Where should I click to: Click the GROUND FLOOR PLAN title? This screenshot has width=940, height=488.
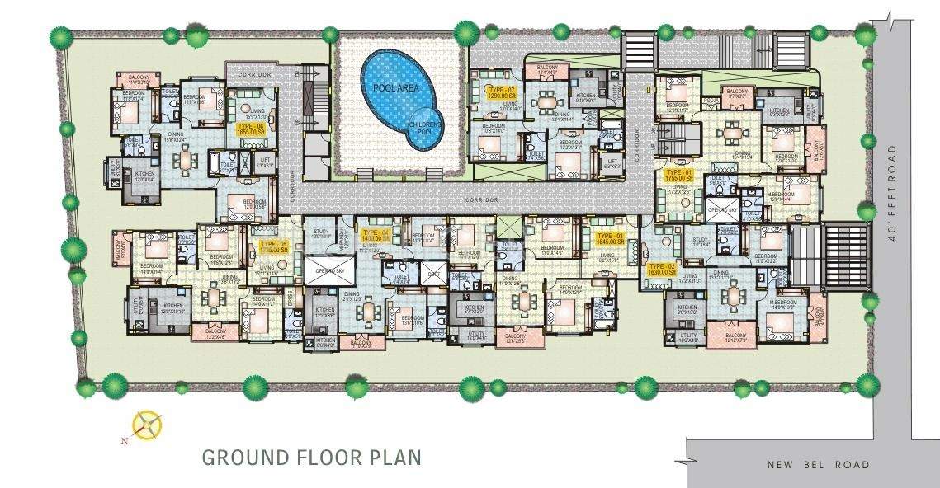(x=312, y=457)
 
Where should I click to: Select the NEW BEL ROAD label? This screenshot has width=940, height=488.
(x=818, y=465)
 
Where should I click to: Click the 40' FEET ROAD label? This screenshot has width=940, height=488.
(x=891, y=194)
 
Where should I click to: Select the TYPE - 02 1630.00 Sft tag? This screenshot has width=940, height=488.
(x=662, y=270)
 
